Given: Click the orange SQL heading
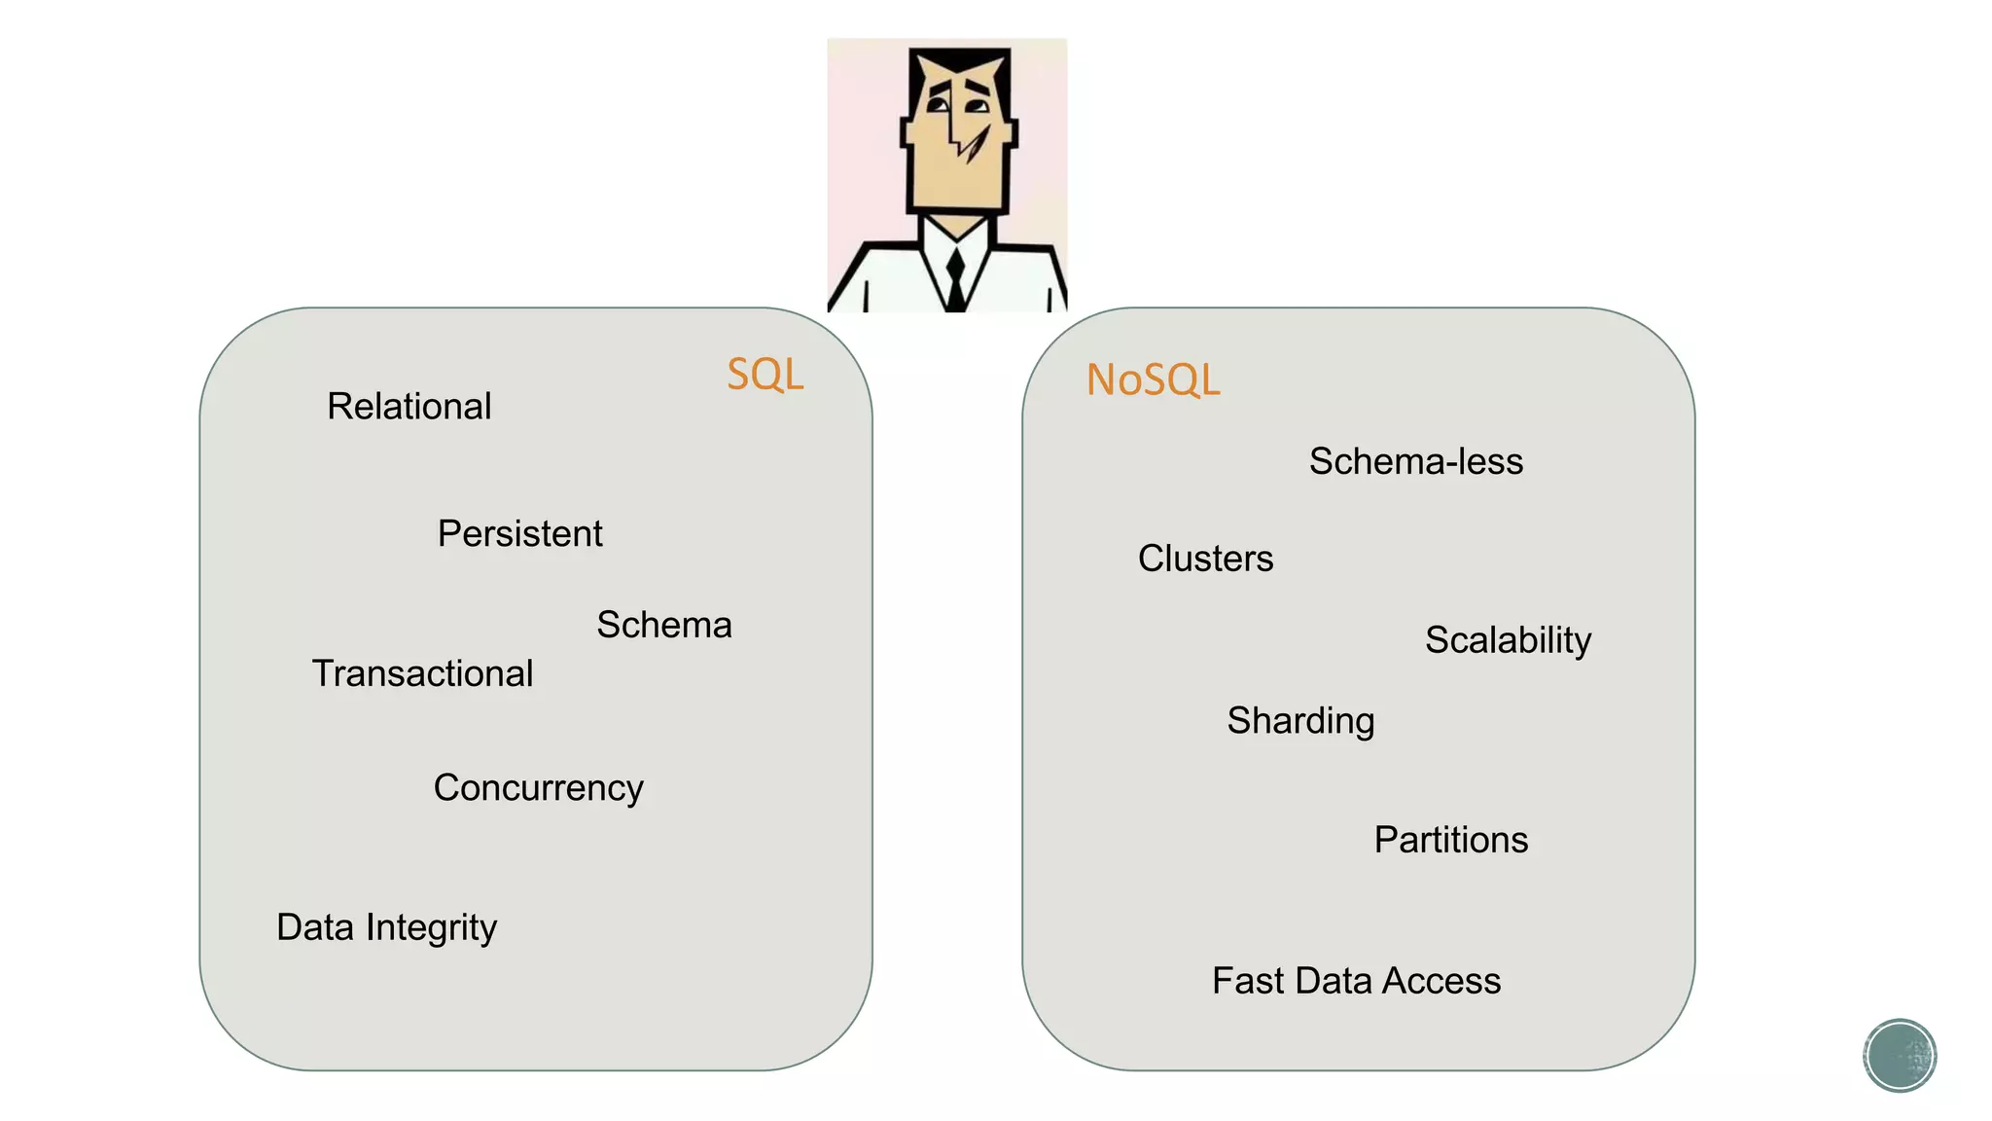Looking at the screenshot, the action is point(765,375).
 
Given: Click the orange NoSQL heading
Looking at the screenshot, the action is point(1153,380).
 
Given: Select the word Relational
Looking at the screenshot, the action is point(409,407).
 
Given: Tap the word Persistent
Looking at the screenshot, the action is point(519,534).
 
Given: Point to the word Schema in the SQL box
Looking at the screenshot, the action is point(663,625).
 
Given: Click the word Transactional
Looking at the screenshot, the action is point(422,673).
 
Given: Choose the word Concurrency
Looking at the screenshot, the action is point(538,788).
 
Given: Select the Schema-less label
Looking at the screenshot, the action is point(1415,461).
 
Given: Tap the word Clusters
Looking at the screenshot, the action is point(1205,559).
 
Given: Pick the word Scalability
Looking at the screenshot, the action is point(1508,640).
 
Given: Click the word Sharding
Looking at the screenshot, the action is point(1300,721).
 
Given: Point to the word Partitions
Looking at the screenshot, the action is point(1450,840).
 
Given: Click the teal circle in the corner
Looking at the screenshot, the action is point(1899,1055).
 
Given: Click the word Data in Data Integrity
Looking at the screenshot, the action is point(314,927).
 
